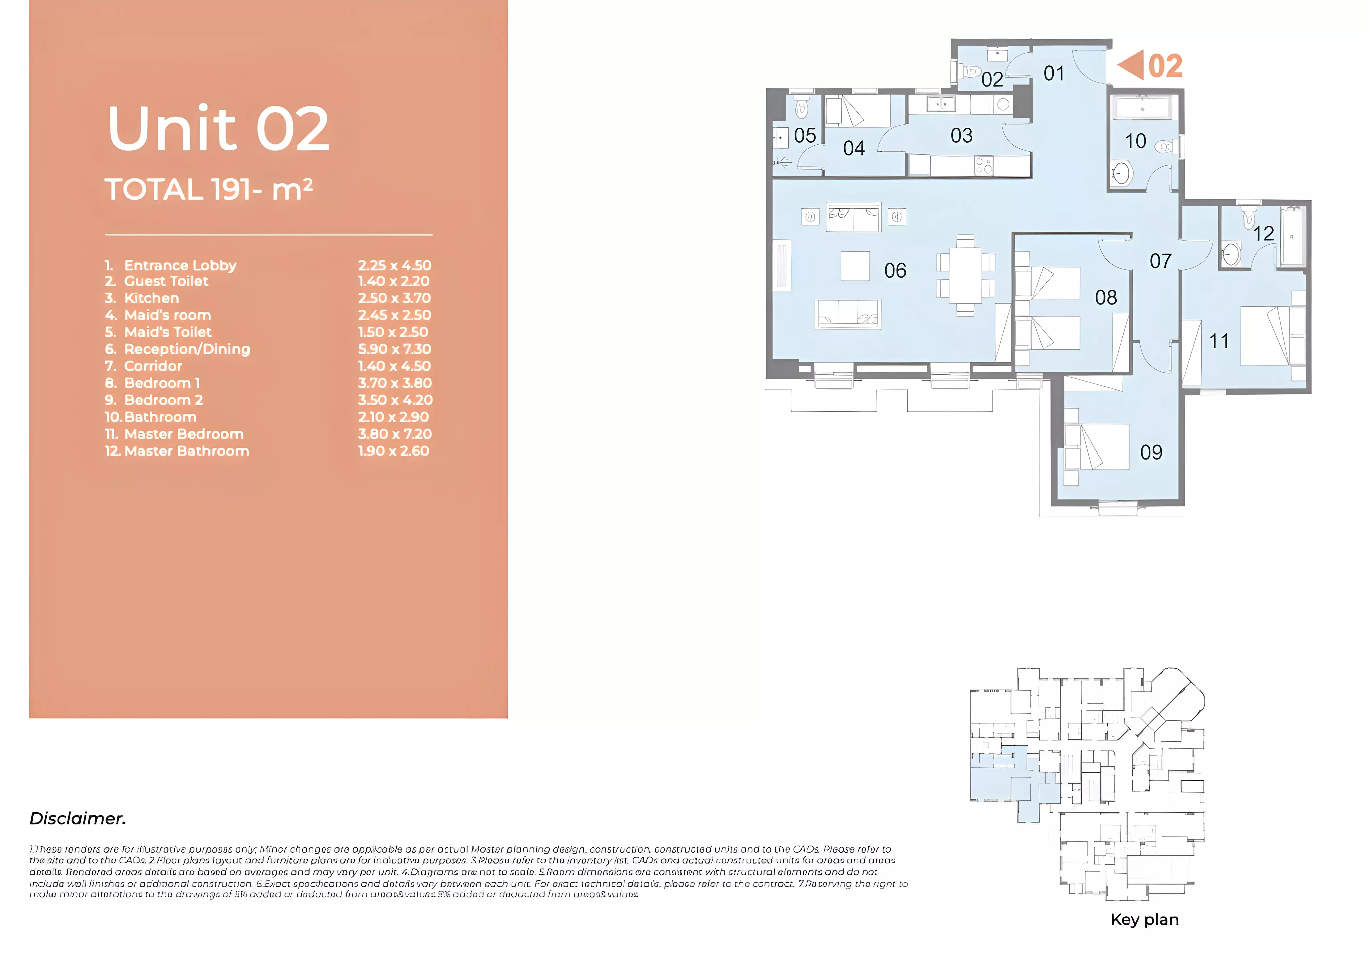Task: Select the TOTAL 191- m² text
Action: (x=208, y=190)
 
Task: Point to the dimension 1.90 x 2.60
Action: (x=393, y=451)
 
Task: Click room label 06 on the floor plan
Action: (x=895, y=271)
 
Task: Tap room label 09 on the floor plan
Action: (x=1151, y=452)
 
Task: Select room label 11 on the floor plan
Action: (x=1219, y=341)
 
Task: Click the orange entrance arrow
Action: (x=1131, y=65)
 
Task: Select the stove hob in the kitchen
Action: (x=983, y=166)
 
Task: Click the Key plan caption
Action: (x=1144, y=920)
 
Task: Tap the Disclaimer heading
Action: (x=78, y=819)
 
